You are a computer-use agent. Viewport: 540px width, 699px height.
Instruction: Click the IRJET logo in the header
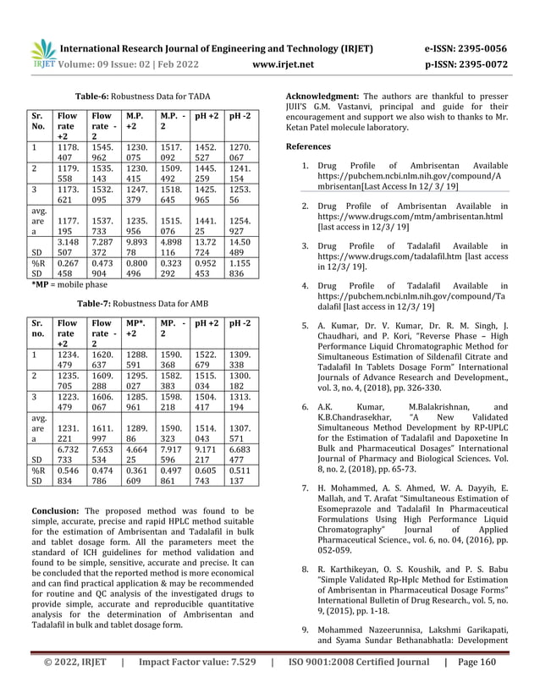tap(41, 53)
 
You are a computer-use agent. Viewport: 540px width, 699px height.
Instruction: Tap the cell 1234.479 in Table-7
tap(65, 359)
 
